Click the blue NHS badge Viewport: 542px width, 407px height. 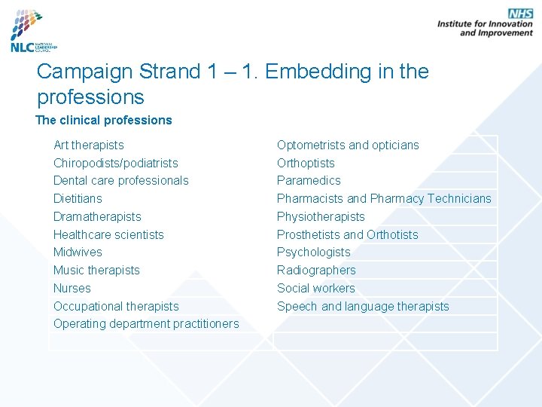click(x=520, y=14)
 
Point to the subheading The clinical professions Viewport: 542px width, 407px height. click(x=104, y=120)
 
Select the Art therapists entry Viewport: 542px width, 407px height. click(x=89, y=145)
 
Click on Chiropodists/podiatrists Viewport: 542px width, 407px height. click(x=116, y=163)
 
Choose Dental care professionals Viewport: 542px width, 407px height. click(x=121, y=180)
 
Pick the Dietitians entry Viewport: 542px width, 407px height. click(x=78, y=198)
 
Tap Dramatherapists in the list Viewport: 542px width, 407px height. click(x=97, y=216)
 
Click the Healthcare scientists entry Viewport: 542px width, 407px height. click(x=108, y=234)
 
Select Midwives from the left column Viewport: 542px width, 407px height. click(x=78, y=252)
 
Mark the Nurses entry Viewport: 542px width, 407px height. click(x=72, y=288)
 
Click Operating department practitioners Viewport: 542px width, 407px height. click(x=146, y=323)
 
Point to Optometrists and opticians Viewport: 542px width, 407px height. click(x=348, y=145)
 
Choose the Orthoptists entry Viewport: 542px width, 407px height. click(x=306, y=163)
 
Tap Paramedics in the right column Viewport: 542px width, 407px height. click(x=309, y=180)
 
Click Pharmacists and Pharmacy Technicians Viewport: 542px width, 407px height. click(x=384, y=198)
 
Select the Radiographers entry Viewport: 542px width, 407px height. click(x=316, y=270)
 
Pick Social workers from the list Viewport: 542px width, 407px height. click(x=316, y=288)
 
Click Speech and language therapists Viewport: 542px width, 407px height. click(x=363, y=306)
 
